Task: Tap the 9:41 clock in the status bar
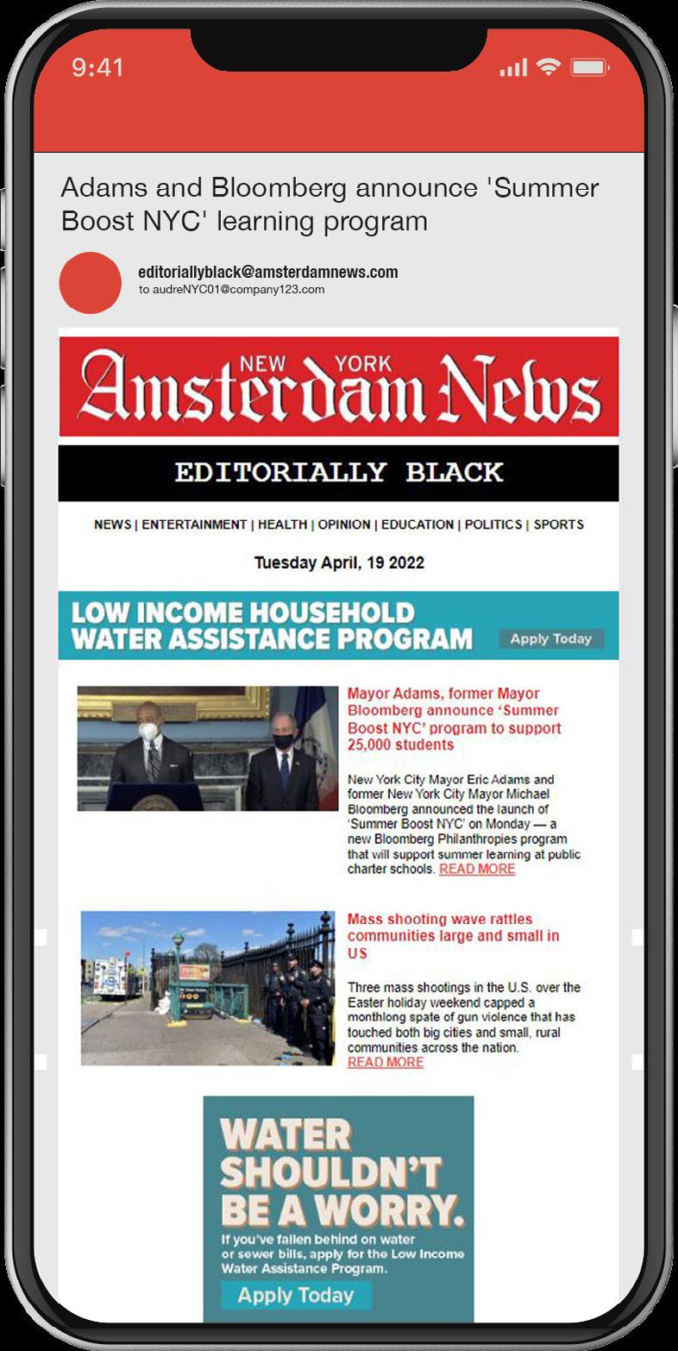point(97,68)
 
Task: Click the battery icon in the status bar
point(590,68)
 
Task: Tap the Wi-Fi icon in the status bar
point(547,67)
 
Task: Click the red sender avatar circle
point(90,283)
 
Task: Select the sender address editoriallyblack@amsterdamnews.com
point(267,273)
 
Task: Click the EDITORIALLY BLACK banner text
point(338,473)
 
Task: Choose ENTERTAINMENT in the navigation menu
point(194,525)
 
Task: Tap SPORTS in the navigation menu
point(558,525)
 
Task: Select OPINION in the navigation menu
point(343,525)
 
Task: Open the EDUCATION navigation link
point(417,525)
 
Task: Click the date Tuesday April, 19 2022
point(339,563)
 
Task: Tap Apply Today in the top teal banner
point(551,639)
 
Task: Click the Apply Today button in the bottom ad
point(296,1295)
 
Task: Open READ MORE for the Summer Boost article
point(477,870)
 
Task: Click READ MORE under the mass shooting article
point(386,1062)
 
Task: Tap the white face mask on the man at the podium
point(148,732)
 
